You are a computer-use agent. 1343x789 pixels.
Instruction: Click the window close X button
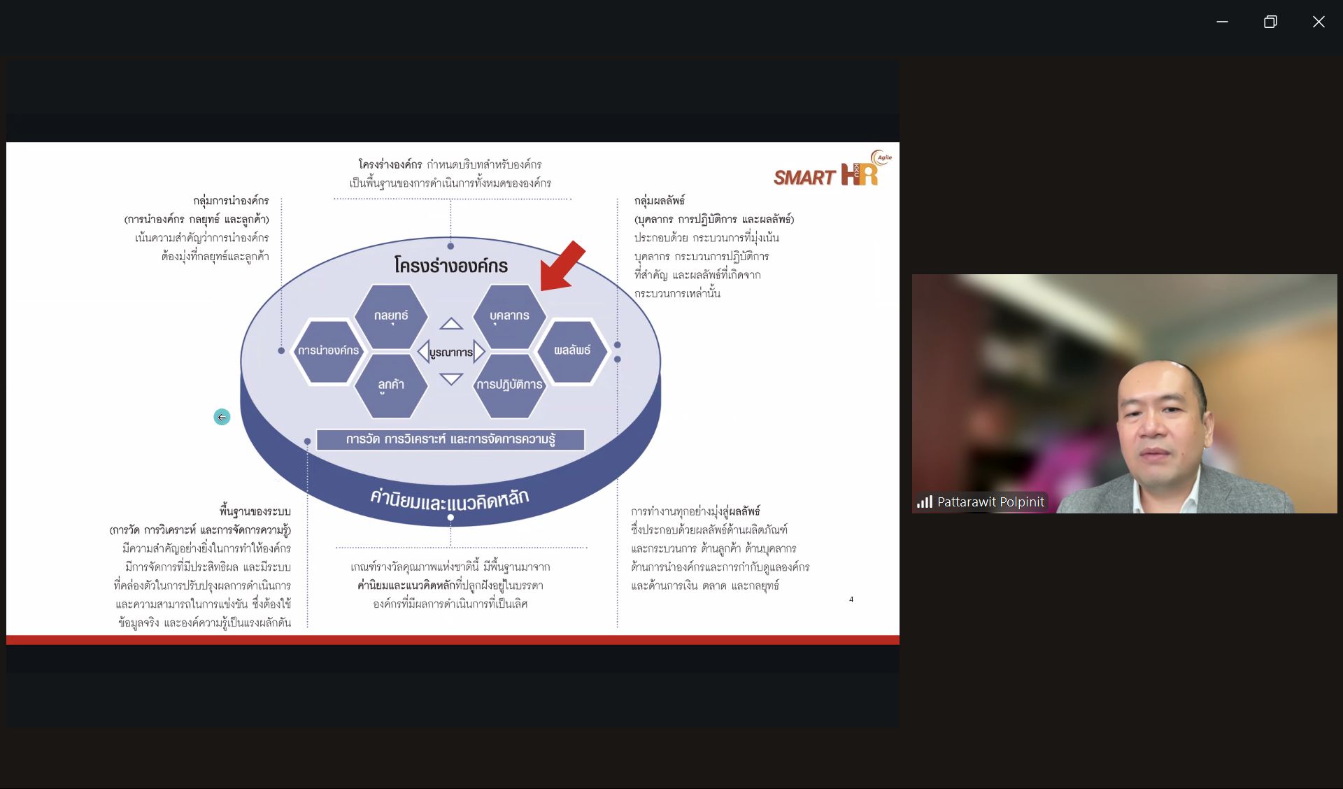pyautogui.click(x=1319, y=22)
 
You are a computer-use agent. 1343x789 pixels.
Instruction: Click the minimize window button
pyautogui.click(x=1222, y=22)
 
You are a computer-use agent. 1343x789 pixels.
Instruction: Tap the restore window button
pyautogui.click(x=1270, y=22)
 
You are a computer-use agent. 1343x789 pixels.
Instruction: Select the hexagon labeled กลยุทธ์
pyautogui.click(x=391, y=316)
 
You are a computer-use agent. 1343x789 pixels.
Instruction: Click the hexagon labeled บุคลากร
pyautogui.click(x=509, y=316)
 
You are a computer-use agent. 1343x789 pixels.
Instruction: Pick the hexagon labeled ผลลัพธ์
pyautogui.click(x=572, y=350)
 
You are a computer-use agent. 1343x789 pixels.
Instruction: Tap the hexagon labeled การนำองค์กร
pyautogui.click(x=328, y=350)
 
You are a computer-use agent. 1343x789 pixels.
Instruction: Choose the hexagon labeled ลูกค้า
pyautogui.click(x=391, y=385)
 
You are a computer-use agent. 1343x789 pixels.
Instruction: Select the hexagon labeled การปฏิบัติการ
pyautogui.click(x=509, y=385)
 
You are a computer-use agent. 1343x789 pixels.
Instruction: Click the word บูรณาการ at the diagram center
pyautogui.click(x=451, y=352)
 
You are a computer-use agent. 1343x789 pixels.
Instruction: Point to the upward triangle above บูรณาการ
pyautogui.click(x=451, y=324)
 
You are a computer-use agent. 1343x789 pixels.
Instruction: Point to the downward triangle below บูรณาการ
pyautogui.click(x=451, y=379)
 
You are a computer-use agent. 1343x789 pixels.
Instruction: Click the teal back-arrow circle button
pyautogui.click(x=222, y=417)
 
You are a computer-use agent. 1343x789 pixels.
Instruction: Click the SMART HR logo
pyautogui.click(x=832, y=170)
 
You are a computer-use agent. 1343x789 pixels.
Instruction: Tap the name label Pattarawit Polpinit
pyautogui.click(x=990, y=502)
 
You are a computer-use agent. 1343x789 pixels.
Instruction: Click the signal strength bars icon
pyautogui.click(x=925, y=502)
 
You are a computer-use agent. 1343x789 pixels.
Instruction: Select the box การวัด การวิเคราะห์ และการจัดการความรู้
pyautogui.click(x=450, y=439)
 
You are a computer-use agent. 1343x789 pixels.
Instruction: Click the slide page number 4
pyautogui.click(x=851, y=599)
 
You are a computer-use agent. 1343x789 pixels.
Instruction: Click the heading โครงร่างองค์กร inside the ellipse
pyautogui.click(x=451, y=266)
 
